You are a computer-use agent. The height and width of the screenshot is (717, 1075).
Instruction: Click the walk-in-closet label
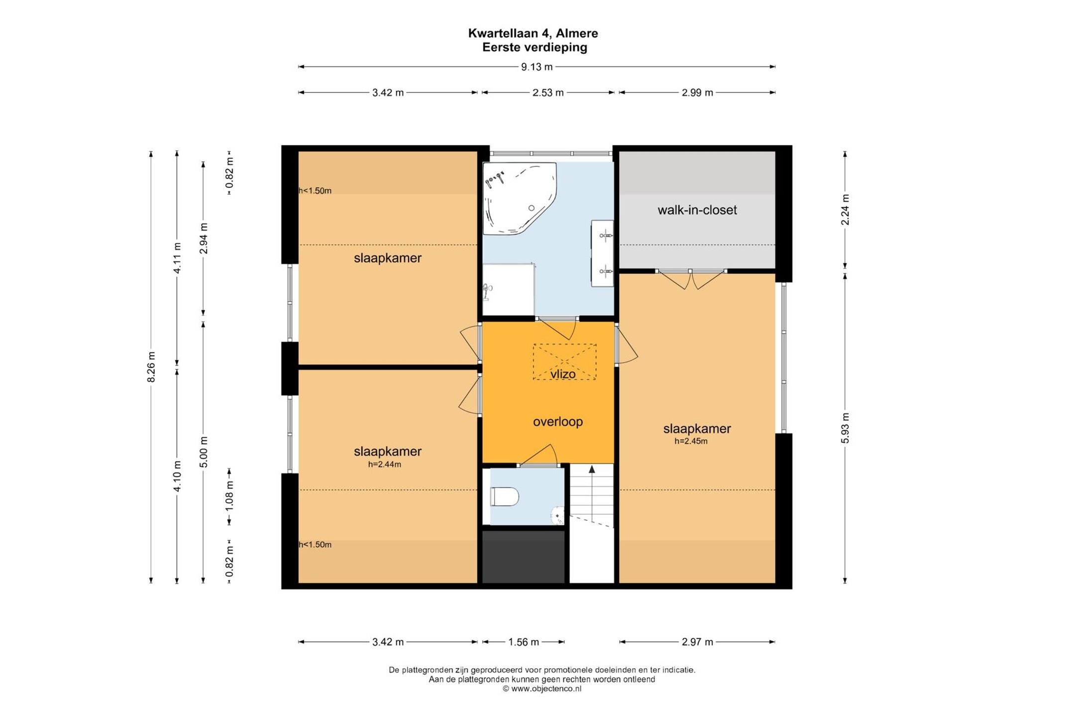click(697, 210)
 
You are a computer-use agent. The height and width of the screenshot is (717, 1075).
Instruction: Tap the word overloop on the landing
click(557, 422)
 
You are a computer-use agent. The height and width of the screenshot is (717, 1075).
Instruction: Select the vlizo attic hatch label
click(563, 374)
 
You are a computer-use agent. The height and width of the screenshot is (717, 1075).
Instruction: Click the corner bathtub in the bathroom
click(520, 198)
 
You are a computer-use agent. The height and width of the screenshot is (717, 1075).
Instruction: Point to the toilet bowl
click(505, 496)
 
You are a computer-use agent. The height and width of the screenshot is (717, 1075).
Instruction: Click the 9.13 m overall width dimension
click(537, 67)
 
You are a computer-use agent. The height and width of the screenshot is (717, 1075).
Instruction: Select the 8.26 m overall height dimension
click(151, 367)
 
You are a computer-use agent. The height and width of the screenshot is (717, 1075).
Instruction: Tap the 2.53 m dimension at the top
click(548, 93)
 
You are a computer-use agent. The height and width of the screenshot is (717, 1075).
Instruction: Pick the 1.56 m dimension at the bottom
click(524, 642)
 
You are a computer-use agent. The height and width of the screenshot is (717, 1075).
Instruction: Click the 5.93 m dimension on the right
click(845, 428)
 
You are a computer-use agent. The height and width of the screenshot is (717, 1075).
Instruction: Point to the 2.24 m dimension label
click(845, 209)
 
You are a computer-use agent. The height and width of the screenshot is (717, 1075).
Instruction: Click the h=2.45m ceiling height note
click(691, 441)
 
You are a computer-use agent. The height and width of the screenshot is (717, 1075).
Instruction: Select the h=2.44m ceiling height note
click(385, 465)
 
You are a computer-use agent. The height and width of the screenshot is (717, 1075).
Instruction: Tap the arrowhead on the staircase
click(592, 469)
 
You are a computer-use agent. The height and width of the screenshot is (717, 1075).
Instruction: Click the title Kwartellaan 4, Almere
click(533, 33)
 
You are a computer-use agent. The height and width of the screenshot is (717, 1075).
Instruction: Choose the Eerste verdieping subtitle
click(535, 47)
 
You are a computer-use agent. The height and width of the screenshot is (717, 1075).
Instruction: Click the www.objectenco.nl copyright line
click(541, 689)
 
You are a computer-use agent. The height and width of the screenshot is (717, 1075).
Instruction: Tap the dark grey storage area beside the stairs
click(524, 557)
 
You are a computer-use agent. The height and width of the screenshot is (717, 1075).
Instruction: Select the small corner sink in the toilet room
click(558, 516)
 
